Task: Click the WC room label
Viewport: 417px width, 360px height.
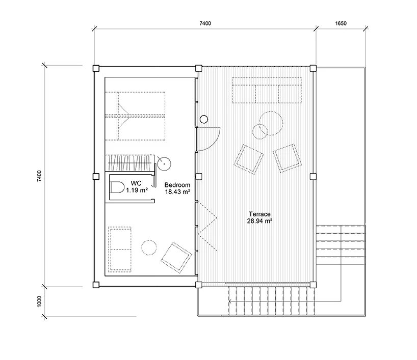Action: [x=136, y=183]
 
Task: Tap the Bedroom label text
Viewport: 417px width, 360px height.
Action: [x=177, y=185]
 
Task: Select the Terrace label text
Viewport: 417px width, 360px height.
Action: [x=259, y=214]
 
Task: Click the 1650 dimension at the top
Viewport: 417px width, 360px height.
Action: [x=341, y=23]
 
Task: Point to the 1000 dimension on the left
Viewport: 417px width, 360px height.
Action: [x=39, y=301]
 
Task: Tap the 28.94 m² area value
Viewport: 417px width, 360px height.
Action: [x=259, y=221]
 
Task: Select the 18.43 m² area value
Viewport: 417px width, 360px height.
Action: [x=177, y=191]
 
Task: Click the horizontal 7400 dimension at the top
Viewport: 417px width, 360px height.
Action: [x=205, y=23]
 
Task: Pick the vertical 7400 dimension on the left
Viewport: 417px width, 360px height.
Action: [x=39, y=176]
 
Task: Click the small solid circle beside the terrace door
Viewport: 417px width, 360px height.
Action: [x=204, y=119]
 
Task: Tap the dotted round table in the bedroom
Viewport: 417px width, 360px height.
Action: [x=149, y=247]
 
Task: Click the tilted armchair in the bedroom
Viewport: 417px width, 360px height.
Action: [x=176, y=258]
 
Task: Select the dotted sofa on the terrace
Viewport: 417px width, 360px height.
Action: [x=267, y=90]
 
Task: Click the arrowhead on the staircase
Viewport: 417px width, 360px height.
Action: [x=230, y=301]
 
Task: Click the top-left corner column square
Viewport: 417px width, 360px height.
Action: [x=96, y=68]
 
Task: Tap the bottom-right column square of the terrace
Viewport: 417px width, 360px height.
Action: [x=313, y=285]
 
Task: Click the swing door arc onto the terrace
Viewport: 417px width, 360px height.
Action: [x=214, y=144]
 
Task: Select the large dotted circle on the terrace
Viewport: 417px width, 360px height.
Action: [x=271, y=123]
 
